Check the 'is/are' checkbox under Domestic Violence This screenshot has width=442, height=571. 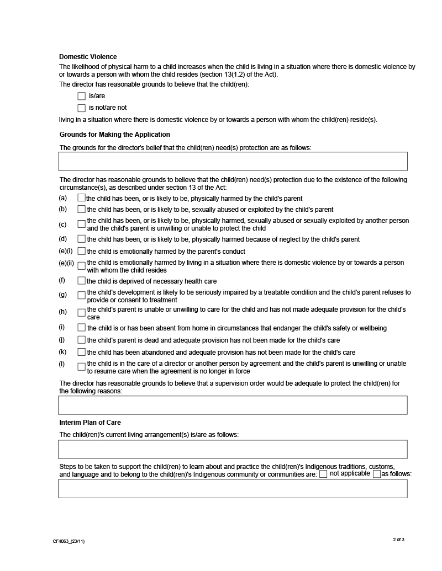point(82,96)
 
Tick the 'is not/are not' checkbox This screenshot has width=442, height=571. point(82,108)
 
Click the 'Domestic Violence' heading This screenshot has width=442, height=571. point(88,56)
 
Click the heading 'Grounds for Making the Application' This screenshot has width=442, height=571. point(114,135)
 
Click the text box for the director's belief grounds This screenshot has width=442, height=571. point(233,161)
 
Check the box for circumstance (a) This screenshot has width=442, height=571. point(82,198)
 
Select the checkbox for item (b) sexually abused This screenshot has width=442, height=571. point(82,209)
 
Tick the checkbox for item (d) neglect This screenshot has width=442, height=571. point(82,239)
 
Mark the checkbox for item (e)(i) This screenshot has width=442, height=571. point(82,251)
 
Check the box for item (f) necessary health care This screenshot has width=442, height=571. point(82,281)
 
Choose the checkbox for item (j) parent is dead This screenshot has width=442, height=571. point(82,340)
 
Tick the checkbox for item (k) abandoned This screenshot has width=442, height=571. point(82,352)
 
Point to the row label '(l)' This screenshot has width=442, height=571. point(62,364)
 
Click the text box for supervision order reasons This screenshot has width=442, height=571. point(233,405)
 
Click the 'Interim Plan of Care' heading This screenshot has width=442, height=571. point(90,423)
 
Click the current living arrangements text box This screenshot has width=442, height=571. point(233,449)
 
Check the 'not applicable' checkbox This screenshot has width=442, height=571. point(323,474)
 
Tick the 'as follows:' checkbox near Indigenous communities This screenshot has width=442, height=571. point(377,474)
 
